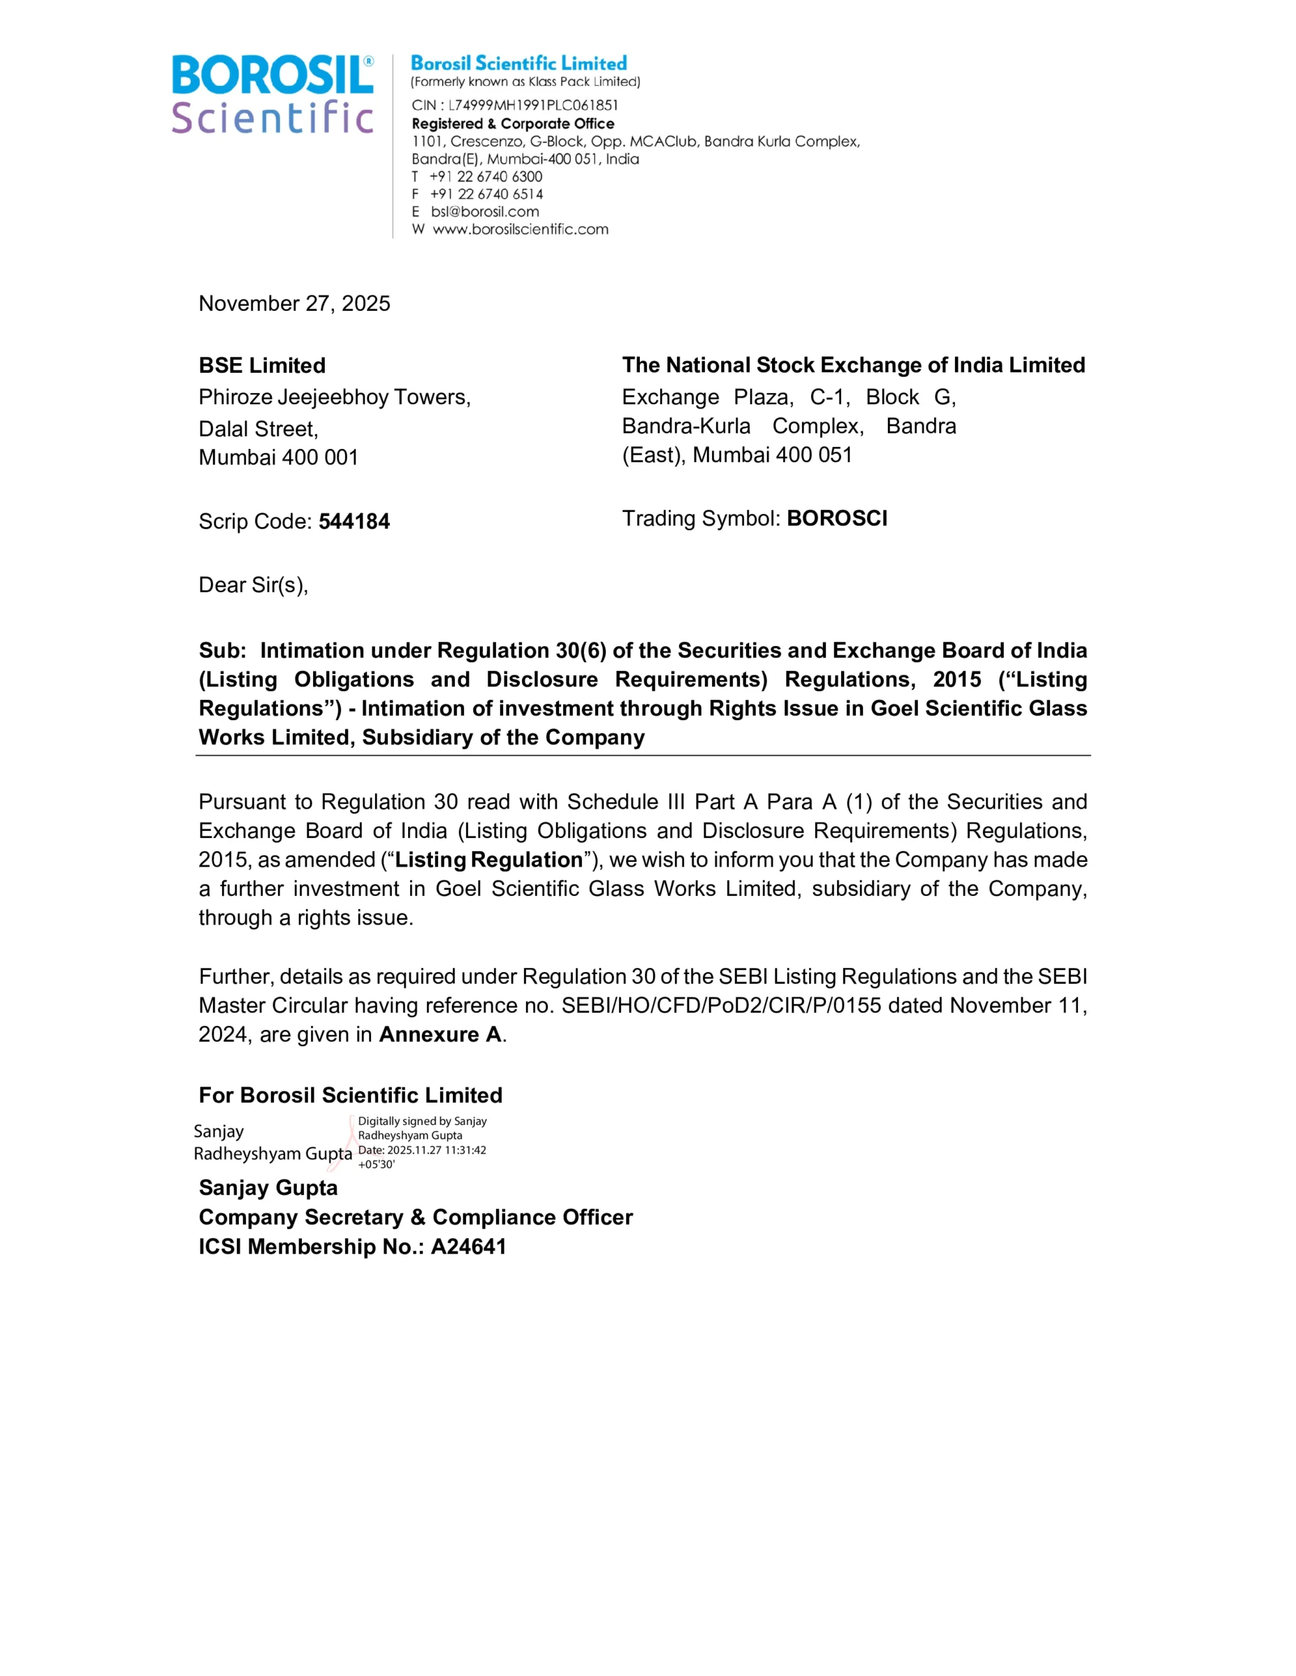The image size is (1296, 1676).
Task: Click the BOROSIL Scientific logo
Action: point(272,94)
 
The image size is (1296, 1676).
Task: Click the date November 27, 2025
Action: point(294,303)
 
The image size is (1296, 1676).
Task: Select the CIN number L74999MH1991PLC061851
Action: point(533,105)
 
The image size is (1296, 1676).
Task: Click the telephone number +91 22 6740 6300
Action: point(486,176)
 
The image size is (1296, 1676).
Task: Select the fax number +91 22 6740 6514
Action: point(486,193)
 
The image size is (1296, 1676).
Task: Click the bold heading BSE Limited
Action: point(262,365)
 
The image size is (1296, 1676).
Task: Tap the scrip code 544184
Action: point(354,521)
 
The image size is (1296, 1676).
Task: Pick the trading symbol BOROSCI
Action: point(836,518)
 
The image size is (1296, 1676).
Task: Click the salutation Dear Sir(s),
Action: point(254,585)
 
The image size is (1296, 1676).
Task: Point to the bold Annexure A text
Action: point(440,1034)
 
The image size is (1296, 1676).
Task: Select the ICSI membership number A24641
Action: point(468,1247)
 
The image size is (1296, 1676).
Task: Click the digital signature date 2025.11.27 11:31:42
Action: point(436,1149)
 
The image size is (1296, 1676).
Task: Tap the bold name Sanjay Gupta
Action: point(268,1187)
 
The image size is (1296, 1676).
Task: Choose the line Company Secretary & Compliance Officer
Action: point(416,1217)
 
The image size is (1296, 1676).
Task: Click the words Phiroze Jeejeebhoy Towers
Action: point(333,397)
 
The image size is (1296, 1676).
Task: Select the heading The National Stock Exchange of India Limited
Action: point(853,365)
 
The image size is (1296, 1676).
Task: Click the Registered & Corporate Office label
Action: point(513,124)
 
